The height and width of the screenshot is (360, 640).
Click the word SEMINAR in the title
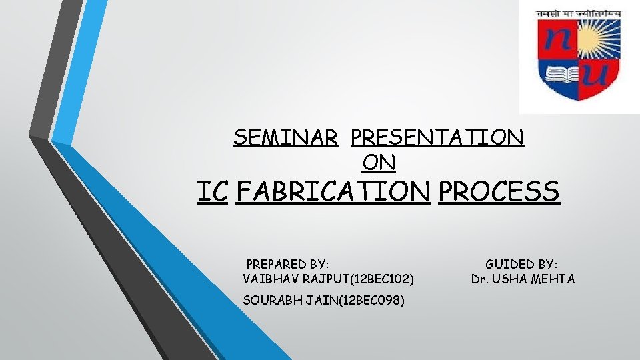285,137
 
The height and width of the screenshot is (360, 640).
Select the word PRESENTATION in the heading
437,137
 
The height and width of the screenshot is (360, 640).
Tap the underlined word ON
379,161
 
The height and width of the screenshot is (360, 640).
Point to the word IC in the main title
213,192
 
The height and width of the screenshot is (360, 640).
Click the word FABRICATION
333,192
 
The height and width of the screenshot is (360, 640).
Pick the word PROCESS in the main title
499,192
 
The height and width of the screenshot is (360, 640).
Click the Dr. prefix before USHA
479,279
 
